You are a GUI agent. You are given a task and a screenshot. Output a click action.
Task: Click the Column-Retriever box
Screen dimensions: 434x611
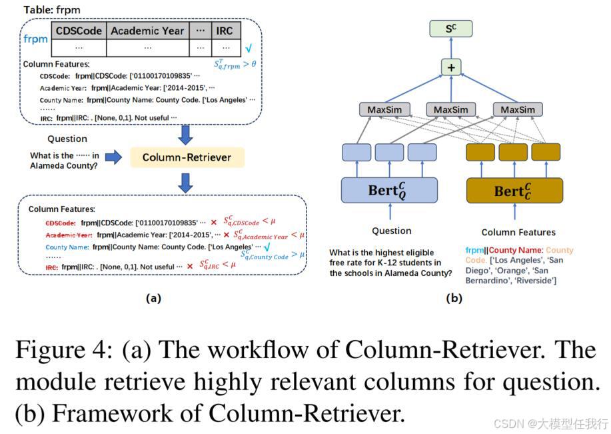(187, 157)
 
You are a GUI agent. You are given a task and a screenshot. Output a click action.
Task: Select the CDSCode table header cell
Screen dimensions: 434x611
(79, 31)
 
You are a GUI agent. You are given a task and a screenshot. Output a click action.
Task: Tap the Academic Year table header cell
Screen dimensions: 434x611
(148, 31)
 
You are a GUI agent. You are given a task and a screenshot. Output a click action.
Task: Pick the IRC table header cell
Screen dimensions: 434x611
(225, 31)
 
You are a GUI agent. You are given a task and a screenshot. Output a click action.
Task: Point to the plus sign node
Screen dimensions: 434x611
(451, 67)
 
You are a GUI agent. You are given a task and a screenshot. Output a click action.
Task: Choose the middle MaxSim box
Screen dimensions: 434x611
(451, 109)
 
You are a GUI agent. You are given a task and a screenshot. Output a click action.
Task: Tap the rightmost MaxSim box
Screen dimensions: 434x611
(518, 109)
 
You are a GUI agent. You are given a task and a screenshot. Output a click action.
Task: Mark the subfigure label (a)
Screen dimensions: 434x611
(153, 299)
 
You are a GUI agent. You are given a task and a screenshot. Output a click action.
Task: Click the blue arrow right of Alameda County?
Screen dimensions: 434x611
(114, 157)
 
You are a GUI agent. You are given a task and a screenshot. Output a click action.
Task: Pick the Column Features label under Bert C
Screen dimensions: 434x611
(518, 232)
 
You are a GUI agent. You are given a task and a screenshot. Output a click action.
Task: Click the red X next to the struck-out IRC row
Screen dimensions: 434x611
(189, 266)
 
